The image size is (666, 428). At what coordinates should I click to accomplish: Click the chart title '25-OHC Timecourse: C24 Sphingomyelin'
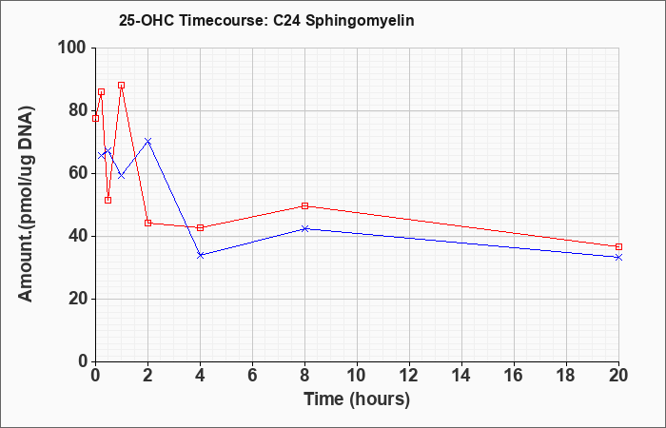point(266,20)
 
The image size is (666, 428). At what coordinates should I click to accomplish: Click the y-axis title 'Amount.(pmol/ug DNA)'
point(26,204)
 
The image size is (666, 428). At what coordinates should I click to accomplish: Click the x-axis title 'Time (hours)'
point(357,399)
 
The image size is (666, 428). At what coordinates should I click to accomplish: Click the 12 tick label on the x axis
point(409,376)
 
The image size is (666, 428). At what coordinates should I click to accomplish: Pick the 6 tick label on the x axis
point(252,376)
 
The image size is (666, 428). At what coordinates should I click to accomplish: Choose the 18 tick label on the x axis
point(566,376)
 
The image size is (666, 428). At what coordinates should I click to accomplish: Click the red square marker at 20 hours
point(618,246)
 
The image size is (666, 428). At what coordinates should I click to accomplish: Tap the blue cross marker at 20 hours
point(618,258)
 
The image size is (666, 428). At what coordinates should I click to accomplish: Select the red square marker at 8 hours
point(304,206)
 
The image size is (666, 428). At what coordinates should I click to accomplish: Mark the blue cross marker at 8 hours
point(304,229)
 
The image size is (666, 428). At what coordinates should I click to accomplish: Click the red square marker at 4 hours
point(201,227)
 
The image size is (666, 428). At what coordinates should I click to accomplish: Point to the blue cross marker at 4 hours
point(201,255)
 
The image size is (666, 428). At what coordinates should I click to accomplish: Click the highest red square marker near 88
point(122,86)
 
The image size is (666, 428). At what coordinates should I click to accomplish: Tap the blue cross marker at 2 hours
point(147,141)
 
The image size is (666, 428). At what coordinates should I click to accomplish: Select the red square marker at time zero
point(95,119)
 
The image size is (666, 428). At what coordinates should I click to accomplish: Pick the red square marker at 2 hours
point(147,223)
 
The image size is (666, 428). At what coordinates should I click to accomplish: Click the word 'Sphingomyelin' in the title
point(360,21)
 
